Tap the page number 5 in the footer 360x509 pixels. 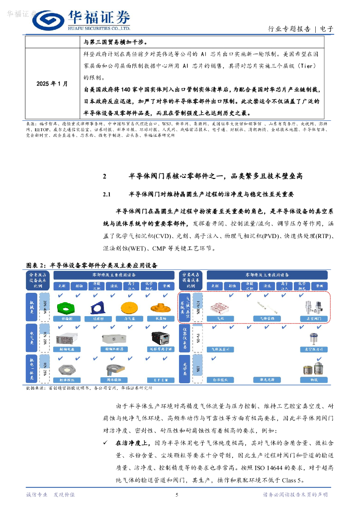[x=177, y=495]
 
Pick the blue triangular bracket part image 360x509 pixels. [x=97, y=308]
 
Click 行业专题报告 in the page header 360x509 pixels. [x=289, y=29]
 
